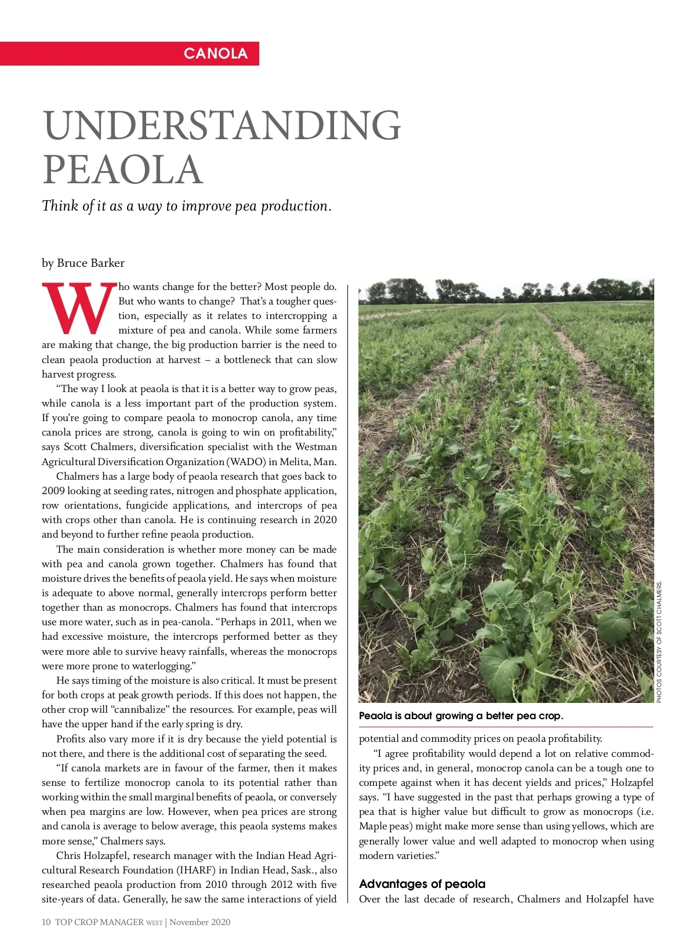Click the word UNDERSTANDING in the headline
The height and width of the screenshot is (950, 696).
point(222,125)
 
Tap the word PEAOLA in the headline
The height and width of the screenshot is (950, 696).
point(122,169)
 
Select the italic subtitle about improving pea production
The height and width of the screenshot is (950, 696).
point(186,206)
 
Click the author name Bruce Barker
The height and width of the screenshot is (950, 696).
point(90,263)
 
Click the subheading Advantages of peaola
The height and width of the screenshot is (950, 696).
point(422,884)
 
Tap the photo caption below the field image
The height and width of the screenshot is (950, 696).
point(461,716)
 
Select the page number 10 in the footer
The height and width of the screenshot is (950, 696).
point(46,922)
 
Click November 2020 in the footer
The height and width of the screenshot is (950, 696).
point(200,922)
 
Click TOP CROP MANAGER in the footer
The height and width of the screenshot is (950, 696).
point(99,922)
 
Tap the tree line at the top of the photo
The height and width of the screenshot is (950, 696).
point(506,290)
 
